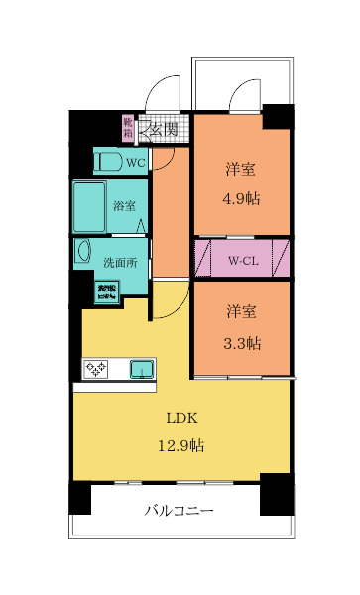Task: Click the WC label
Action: coord(136,161)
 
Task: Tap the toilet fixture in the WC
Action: coord(108,161)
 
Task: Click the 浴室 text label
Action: coord(125,207)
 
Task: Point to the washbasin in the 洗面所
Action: coord(83,254)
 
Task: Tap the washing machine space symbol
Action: coord(106,292)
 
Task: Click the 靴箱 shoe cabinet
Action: coord(127,128)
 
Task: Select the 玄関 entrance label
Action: coord(163,129)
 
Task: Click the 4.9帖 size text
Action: coord(241,196)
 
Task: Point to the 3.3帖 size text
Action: coord(241,343)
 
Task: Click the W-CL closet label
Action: coord(244,261)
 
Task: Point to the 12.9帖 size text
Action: coord(180,446)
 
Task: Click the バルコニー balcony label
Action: coord(180,511)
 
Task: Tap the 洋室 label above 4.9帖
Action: coord(241,169)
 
